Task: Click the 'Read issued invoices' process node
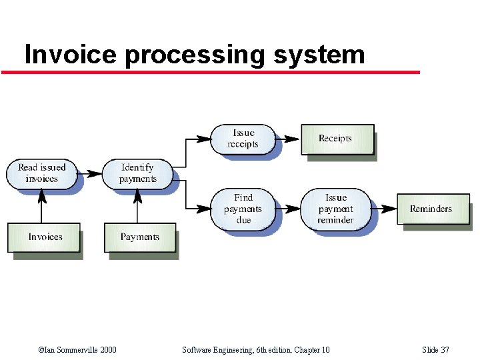41,173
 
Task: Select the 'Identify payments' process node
137,173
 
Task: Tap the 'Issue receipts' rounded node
243,139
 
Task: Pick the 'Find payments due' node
243,209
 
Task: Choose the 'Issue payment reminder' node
335,209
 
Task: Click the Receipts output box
336,139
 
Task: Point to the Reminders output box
432,209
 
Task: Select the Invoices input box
45,237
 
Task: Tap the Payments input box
140,237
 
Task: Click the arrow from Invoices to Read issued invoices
42,207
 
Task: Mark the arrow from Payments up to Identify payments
138,207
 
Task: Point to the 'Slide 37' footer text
436,350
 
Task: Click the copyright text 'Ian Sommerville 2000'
80,350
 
